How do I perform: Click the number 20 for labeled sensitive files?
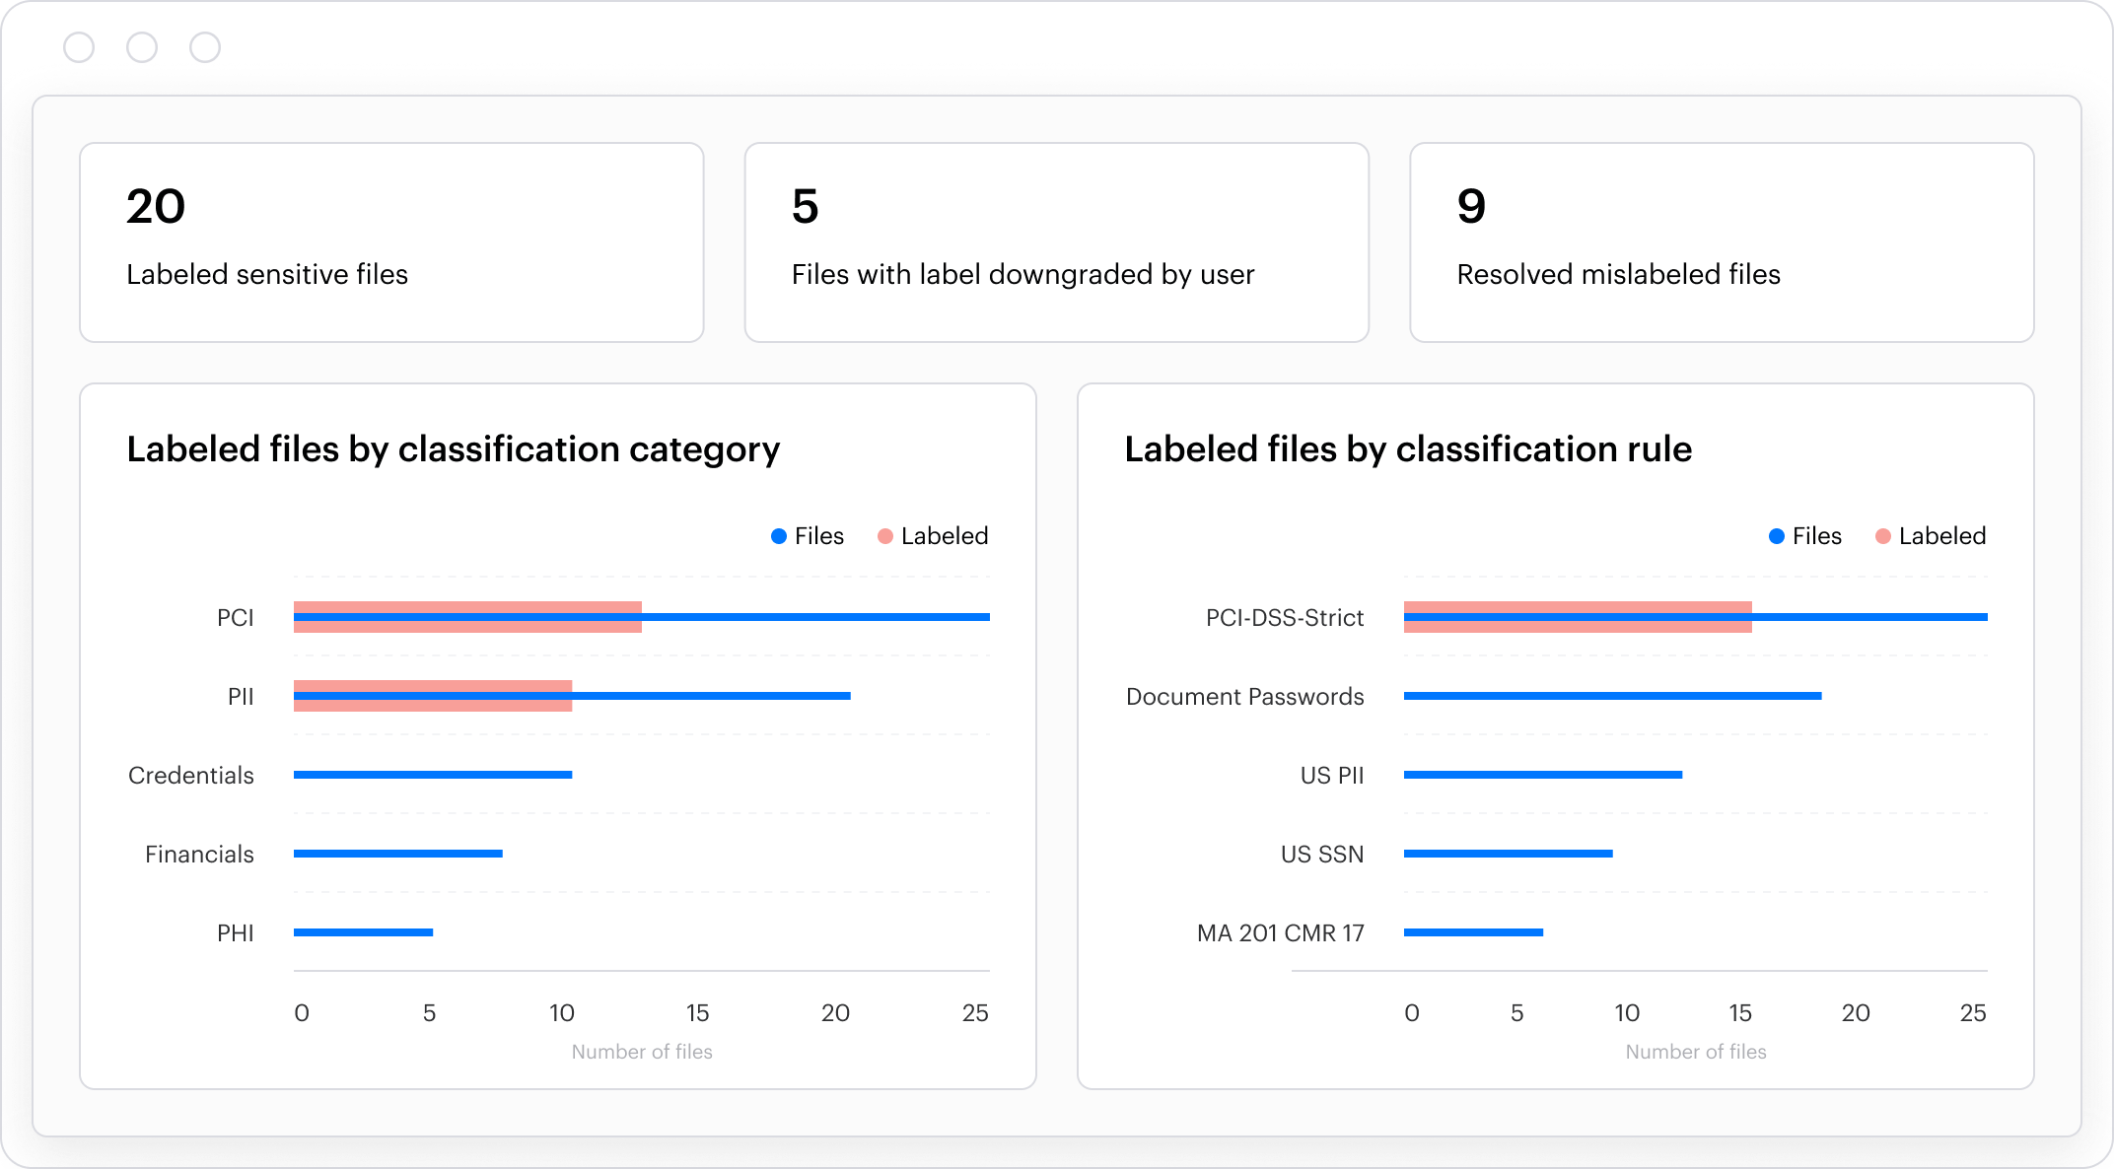(x=156, y=207)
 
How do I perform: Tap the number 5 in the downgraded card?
(x=805, y=207)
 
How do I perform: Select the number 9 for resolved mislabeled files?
(x=1470, y=207)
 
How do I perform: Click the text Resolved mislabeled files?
(x=1618, y=274)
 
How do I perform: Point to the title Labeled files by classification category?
(x=453, y=449)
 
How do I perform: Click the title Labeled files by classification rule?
(x=1407, y=449)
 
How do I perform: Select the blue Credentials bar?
(x=432, y=775)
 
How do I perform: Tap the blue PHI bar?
(x=363, y=932)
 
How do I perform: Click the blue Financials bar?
(x=397, y=854)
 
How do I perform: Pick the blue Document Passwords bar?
(x=1612, y=696)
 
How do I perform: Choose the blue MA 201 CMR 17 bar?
(x=1473, y=932)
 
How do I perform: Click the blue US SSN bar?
(x=1508, y=854)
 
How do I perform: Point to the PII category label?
(x=241, y=697)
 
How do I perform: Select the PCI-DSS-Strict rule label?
(x=1284, y=618)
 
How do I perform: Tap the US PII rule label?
(x=1331, y=776)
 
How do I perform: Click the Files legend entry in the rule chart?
(x=1804, y=536)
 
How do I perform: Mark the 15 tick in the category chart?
(x=697, y=1013)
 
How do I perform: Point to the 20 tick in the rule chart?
(x=1855, y=1013)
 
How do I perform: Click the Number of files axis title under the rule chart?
(x=1695, y=1052)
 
